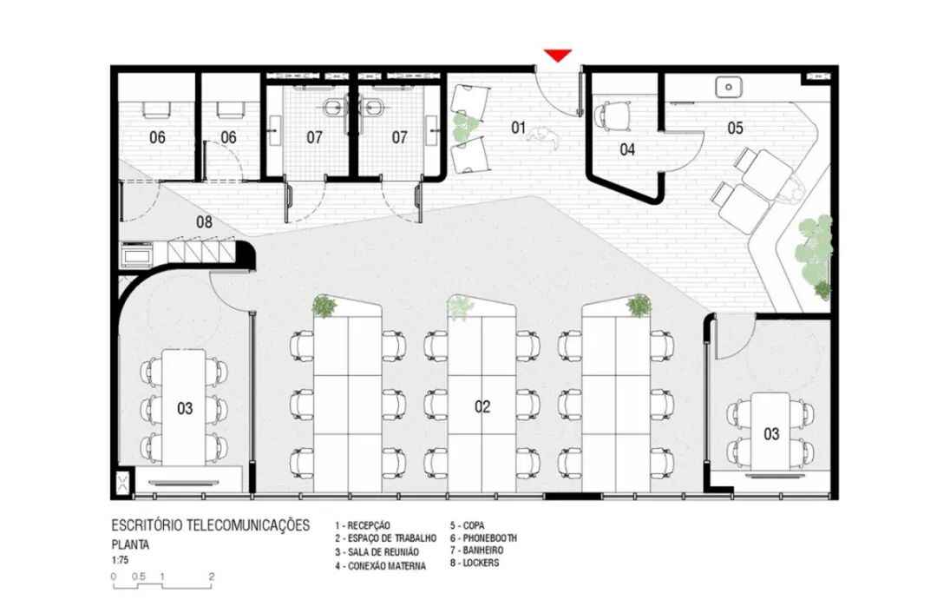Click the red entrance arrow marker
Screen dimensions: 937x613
coord(558,55)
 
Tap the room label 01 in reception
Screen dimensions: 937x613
coord(518,128)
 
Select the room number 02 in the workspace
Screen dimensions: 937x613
coord(482,406)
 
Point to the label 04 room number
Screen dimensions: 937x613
coord(627,149)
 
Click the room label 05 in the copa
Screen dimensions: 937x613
coord(735,128)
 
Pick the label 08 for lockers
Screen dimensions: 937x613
coord(205,222)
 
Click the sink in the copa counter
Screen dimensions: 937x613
coord(729,88)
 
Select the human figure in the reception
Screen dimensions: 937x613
coord(543,137)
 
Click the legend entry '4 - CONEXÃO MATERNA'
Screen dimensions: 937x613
coord(380,566)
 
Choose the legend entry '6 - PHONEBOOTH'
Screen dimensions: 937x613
coord(483,538)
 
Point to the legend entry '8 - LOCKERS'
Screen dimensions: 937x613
coord(475,563)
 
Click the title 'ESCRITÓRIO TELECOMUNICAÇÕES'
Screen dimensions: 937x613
coord(210,525)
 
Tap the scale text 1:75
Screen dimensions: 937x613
coord(120,560)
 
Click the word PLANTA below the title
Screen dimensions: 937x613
coord(130,544)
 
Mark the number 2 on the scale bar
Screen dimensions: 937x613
coord(212,577)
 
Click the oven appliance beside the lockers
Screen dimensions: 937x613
coord(136,255)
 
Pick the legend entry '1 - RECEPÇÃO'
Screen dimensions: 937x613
coord(362,525)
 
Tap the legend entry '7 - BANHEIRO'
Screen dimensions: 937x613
coord(477,550)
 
